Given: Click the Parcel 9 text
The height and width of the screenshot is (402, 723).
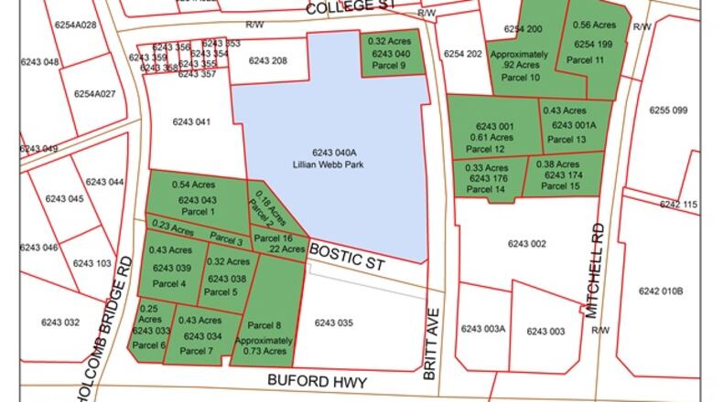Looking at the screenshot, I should click(x=388, y=66).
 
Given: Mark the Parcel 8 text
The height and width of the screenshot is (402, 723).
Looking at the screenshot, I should click(x=264, y=324).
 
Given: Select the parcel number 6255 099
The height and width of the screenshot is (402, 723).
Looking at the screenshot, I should click(x=668, y=111).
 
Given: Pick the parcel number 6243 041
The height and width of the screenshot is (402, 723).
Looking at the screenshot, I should click(x=190, y=121).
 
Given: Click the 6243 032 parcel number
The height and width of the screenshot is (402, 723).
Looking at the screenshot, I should click(x=61, y=322).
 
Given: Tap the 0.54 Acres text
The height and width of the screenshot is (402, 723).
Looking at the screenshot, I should click(x=193, y=185).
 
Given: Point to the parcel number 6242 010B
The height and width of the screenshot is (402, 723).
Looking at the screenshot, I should click(x=661, y=291).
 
